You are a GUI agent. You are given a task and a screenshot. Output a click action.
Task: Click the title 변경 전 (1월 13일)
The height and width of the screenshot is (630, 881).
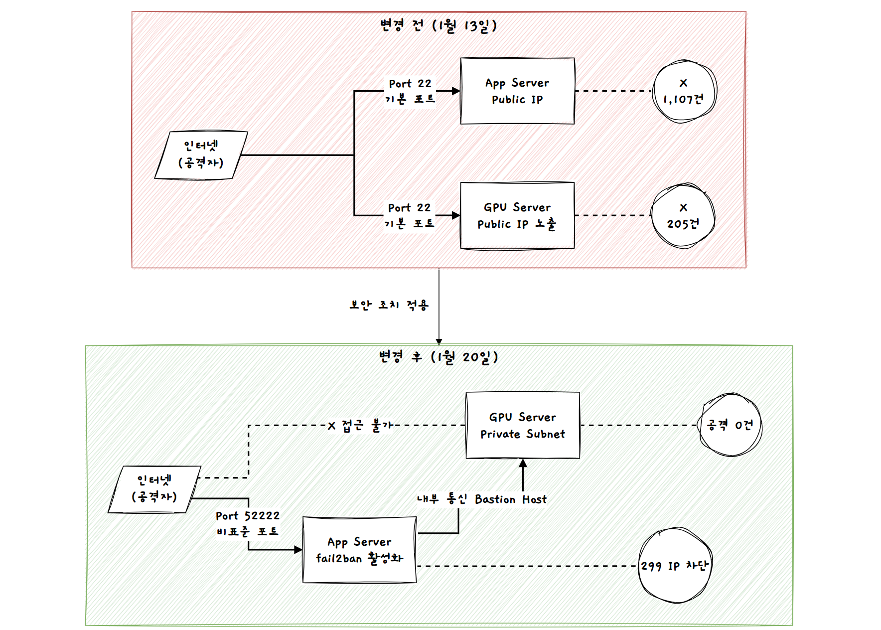click(x=439, y=25)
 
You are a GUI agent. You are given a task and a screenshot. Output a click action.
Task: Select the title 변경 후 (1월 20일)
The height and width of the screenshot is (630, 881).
click(x=439, y=357)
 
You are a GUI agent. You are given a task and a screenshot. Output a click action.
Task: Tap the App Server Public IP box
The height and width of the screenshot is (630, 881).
click(x=517, y=91)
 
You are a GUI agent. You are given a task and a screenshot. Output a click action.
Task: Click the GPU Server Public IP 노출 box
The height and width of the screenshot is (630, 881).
click(x=517, y=215)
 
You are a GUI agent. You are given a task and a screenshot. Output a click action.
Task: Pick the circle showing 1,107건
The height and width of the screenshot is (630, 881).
click(x=684, y=92)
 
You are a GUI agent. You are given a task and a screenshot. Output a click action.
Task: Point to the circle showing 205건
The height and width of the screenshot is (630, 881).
click(x=683, y=215)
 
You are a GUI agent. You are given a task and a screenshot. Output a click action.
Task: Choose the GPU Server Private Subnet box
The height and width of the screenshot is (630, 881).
click(x=523, y=425)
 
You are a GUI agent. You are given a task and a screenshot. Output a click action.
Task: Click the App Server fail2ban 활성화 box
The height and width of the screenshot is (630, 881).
click(x=359, y=550)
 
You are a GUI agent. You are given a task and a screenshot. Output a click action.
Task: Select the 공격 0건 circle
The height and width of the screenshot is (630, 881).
click(x=730, y=425)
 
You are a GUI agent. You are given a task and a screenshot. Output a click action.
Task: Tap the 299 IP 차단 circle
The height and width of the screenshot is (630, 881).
click(x=675, y=566)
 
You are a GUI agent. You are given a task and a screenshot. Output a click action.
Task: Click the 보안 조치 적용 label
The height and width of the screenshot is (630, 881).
click(x=389, y=305)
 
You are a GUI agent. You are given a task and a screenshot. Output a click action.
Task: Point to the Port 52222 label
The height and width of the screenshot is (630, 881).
click(x=248, y=516)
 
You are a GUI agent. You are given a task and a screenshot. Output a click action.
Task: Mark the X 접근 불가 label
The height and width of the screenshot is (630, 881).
click(x=360, y=426)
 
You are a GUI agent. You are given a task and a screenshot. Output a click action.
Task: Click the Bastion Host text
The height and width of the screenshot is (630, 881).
click(x=510, y=499)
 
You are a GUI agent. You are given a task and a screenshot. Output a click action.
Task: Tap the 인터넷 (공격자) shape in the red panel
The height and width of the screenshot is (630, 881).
click(x=201, y=155)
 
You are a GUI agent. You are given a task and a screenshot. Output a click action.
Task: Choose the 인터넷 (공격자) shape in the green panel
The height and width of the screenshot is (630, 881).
click(x=154, y=489)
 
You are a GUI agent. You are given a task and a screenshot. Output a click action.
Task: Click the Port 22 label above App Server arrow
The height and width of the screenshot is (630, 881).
click(x=410, y=84)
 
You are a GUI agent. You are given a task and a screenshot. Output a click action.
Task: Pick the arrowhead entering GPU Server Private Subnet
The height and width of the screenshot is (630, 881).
click(x=523, y=463)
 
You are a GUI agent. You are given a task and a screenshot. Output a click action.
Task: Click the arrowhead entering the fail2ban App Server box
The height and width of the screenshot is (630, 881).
click(x=298, y=550)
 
